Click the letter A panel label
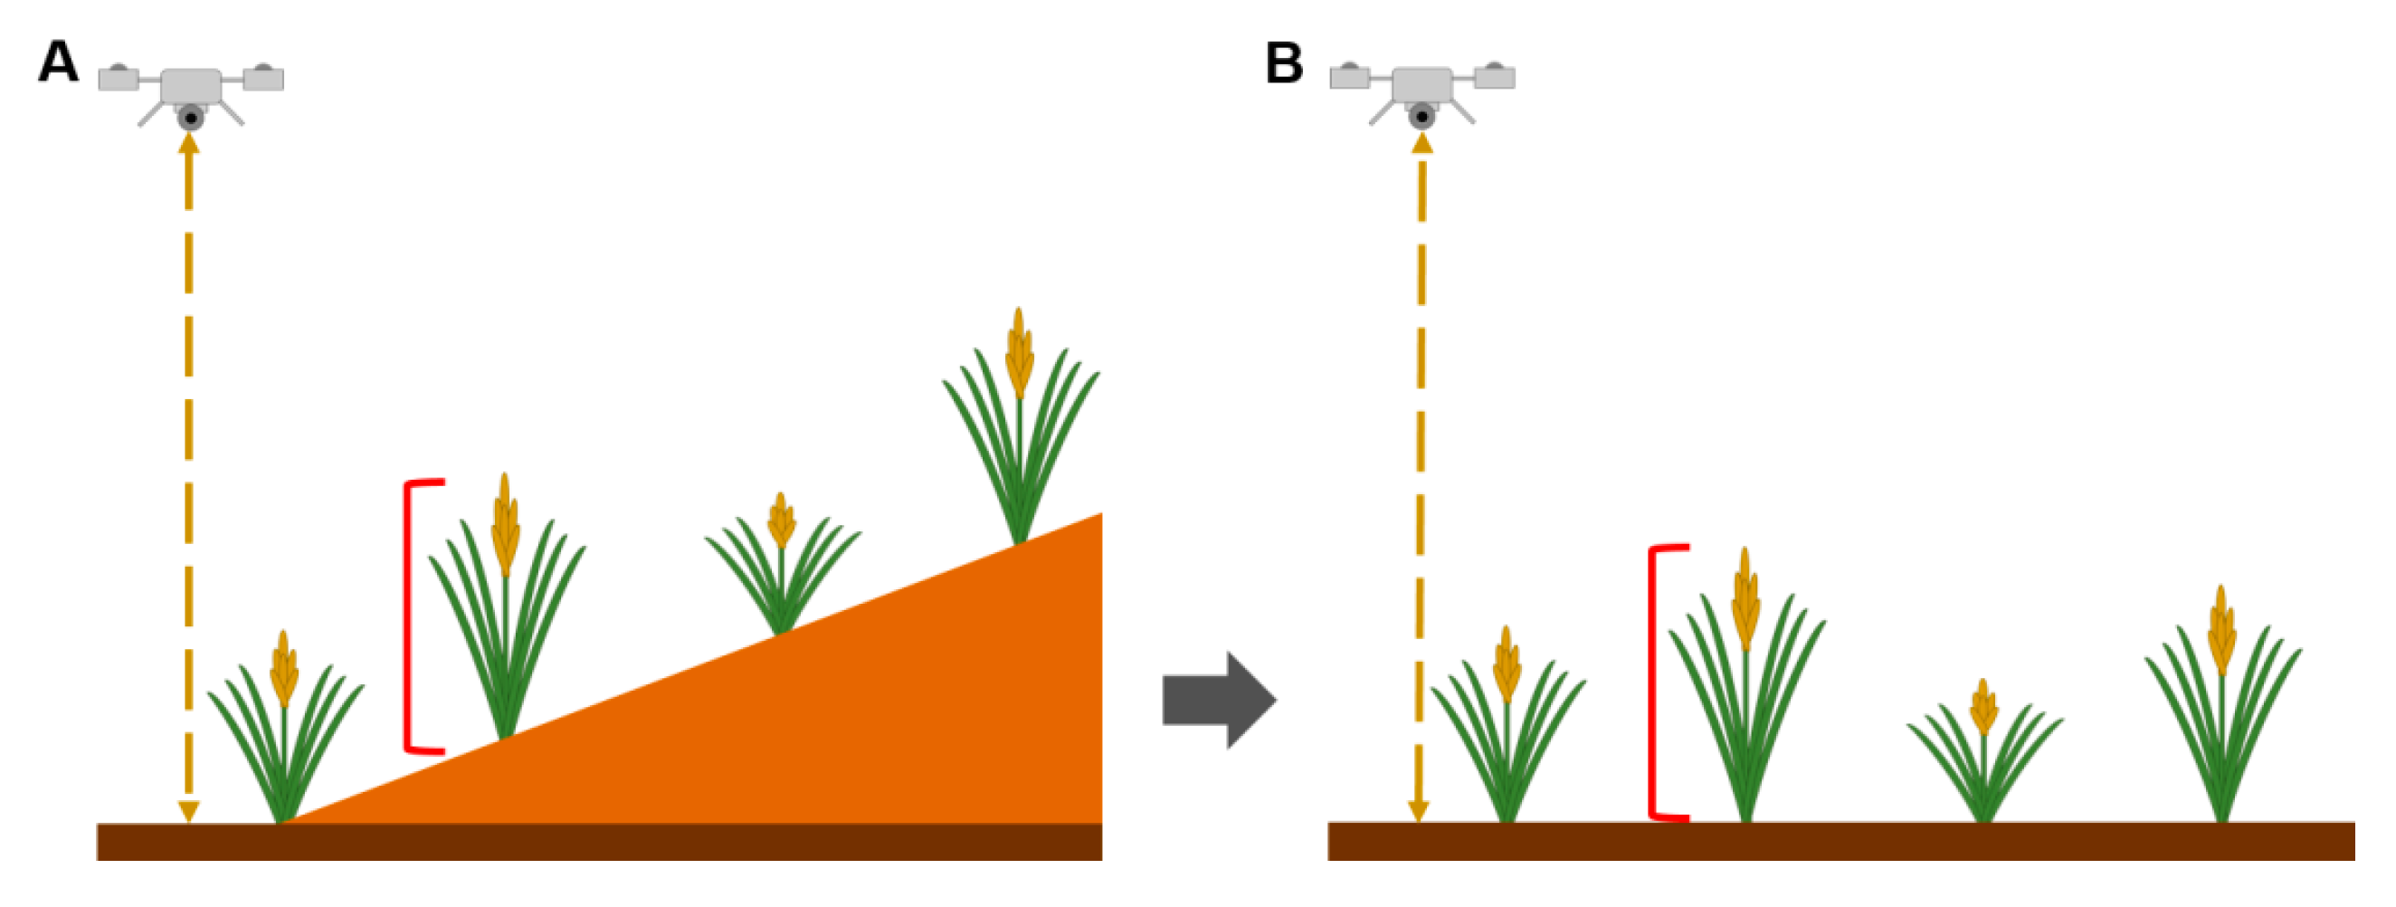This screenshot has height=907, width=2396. (x=58, y=63)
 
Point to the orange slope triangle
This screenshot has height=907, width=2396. (x=837, y=726)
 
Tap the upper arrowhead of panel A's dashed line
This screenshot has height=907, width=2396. (x=189, y=144)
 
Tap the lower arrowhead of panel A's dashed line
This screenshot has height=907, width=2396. (x=189, y=810)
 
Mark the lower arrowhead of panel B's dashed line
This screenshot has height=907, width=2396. (x=1419, y=810)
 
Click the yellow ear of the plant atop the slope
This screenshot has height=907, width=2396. (x=1020, y=354)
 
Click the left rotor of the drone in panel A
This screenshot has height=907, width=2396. (x=119, y=78)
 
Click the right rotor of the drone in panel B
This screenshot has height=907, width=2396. (x=1495, y=76)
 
